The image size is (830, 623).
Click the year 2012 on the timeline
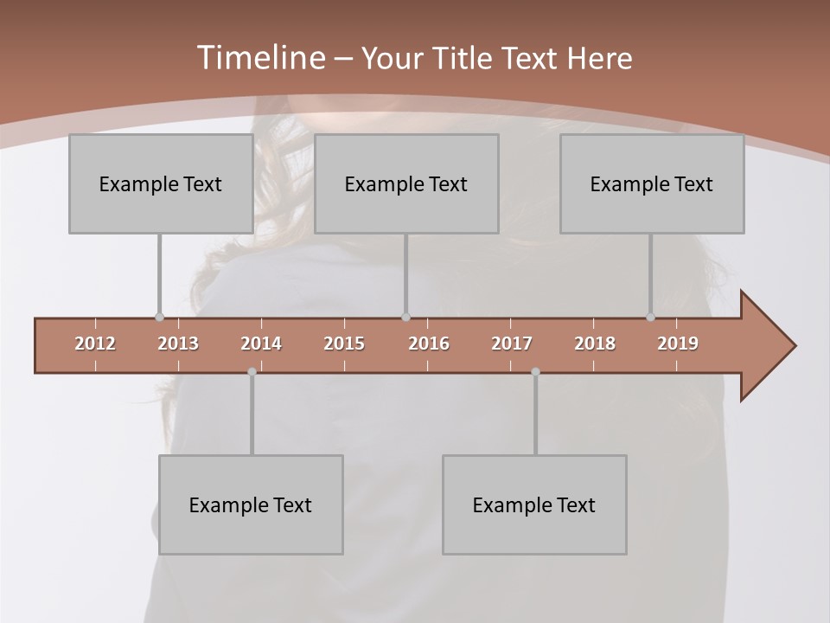[x=95, y=344]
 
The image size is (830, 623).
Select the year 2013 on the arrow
[x=178, y=344]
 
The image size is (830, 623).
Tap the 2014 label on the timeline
[x=261, y=344]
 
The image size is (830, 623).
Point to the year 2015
[x=344, y=344]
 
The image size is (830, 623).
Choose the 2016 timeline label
[x=429, y=344]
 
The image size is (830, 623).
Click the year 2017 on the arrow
[x=512, y=344]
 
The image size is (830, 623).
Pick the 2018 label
[x=595, y=344]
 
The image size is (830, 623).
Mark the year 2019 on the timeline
[x=678, y=344]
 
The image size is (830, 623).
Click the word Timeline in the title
[x=259, y=58]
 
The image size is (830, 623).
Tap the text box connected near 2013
[x=161, y=183]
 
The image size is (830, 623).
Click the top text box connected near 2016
[x=406, y=183]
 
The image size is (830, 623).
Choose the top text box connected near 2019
[x=652, y=183]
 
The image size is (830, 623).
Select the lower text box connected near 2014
[x=251, y=504]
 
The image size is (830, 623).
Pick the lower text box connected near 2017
[x=534, y=504]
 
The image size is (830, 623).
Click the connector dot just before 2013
[x=159, y=318]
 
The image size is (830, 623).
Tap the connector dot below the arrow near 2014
[x=252, y=372]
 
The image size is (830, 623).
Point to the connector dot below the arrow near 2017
[x=535, y=372]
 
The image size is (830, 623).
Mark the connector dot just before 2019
[x=650, y=318]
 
